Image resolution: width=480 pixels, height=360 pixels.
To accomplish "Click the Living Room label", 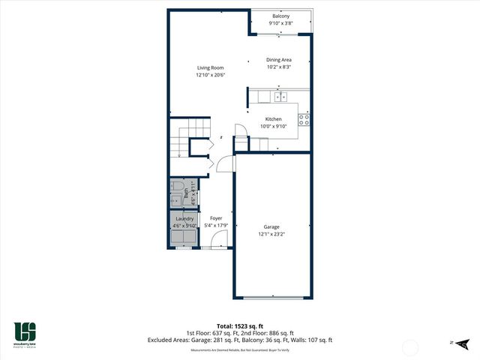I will point(210,67).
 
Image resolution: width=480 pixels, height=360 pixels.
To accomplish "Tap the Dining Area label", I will point(279,60).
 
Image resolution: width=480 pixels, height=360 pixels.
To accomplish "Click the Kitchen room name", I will point(274,119).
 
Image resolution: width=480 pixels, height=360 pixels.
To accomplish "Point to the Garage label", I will point(271,226).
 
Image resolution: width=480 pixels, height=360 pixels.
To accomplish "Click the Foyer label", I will point(216,218).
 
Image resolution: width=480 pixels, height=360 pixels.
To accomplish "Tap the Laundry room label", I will point(184,219).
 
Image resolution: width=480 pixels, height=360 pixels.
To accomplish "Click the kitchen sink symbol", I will point(281,97).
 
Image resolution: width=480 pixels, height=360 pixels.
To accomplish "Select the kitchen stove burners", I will point(304,118).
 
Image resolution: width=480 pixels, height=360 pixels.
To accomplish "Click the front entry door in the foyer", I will point(219,241).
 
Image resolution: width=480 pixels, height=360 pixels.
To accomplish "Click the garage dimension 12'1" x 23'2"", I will point(271,234).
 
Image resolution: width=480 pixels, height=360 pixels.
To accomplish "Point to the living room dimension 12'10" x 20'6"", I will point(210,75).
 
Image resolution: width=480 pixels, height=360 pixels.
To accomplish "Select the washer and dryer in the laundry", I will point(184,237).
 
